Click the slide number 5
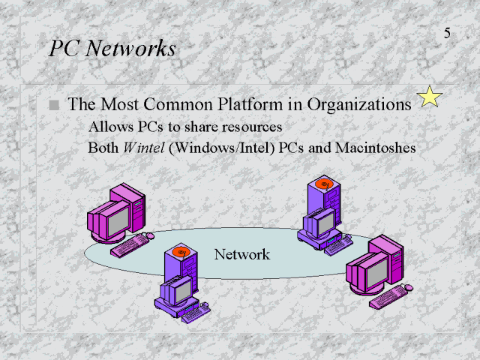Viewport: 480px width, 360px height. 447,34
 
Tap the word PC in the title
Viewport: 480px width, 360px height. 61,49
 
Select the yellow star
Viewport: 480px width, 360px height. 429,97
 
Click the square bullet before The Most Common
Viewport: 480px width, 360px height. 53,106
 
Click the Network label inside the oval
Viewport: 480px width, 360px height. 241,254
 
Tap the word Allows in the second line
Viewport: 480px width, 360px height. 108,127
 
